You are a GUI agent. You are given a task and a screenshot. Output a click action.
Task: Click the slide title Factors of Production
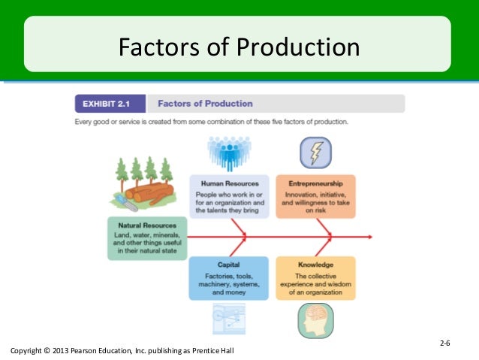tap(239, 47)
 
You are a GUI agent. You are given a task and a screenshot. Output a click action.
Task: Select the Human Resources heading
tap(229, 183)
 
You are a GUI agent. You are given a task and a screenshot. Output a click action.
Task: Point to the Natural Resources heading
tap(147, 225)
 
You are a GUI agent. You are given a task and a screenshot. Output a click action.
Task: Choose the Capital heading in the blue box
tap(228, 265)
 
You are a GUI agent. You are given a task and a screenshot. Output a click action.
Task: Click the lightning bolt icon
tap(314, 153)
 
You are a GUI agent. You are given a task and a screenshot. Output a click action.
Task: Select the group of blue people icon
tap(228, 153)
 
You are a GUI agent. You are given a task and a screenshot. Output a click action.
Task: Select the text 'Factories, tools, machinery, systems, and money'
tap(228, 284)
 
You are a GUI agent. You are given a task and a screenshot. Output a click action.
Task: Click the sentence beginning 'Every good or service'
tap(211, 122)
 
